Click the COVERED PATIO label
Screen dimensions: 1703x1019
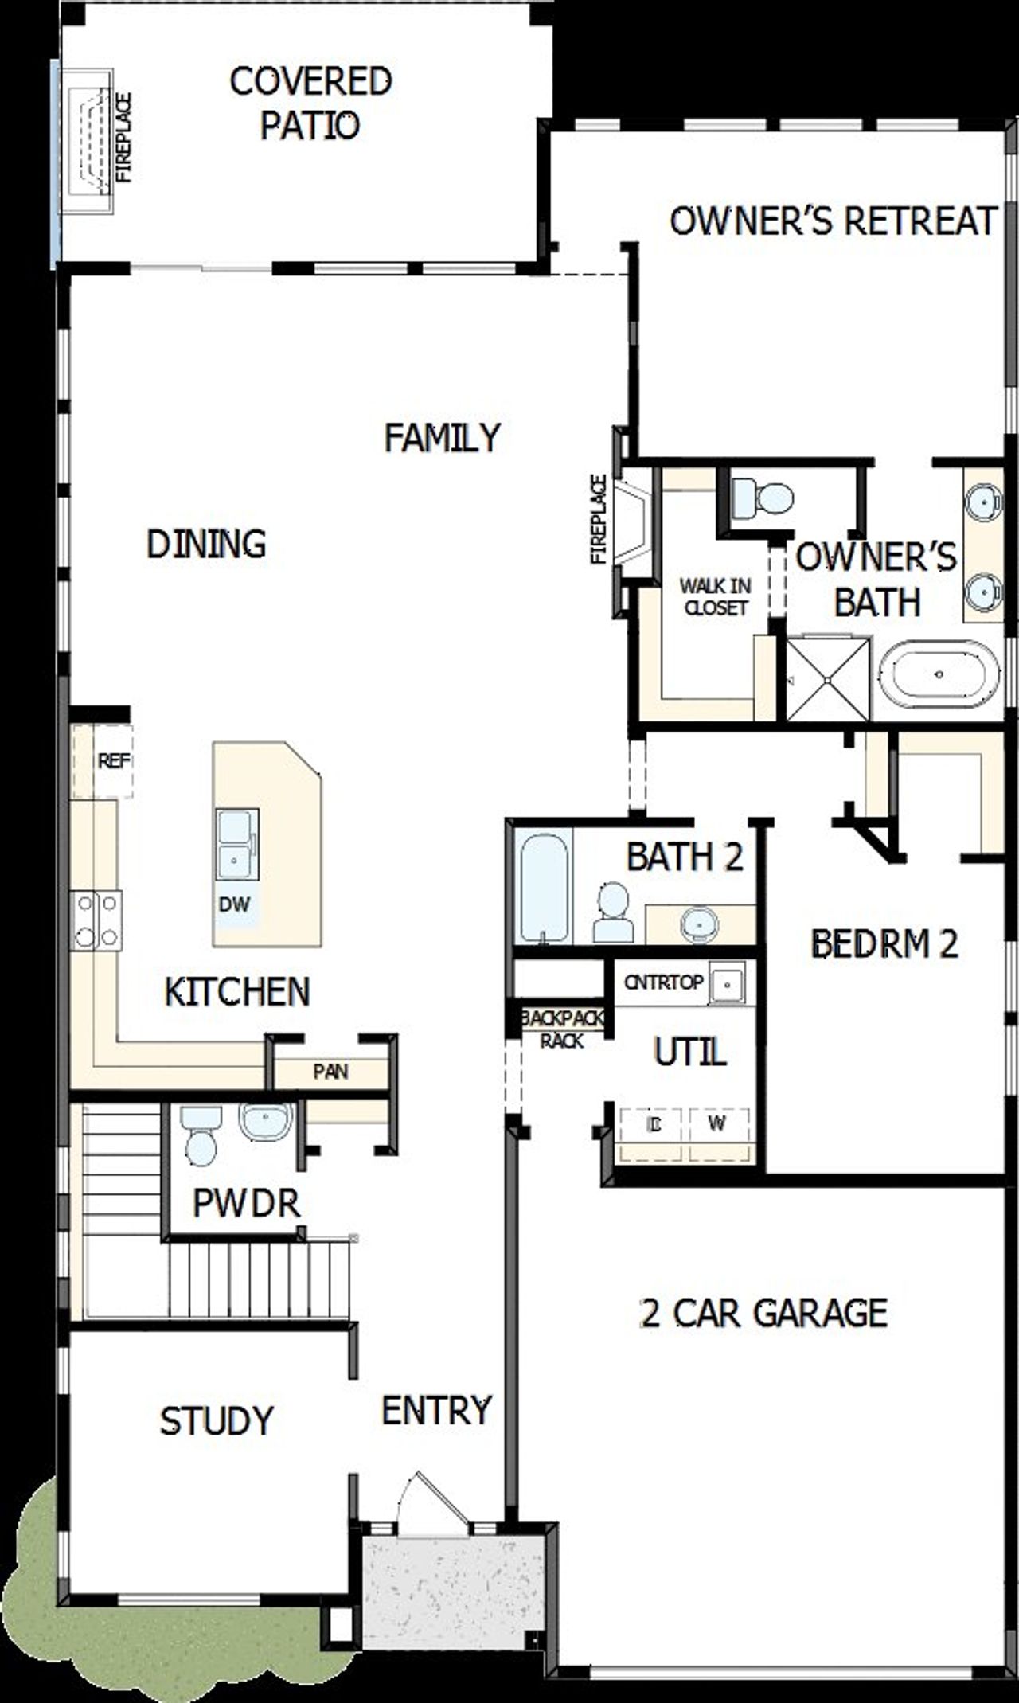(310, 104)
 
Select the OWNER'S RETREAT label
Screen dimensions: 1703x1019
(833, 221)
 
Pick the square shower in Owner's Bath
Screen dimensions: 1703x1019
(829, 678)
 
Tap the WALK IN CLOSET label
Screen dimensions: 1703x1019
(715, 596)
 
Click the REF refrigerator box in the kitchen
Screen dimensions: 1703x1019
(112, 761)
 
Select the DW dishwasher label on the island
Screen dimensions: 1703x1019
(234, 904)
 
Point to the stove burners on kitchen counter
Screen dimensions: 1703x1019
(97, 920)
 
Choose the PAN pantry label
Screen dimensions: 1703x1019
(330, 1072)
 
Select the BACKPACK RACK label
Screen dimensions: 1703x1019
(562, 1029)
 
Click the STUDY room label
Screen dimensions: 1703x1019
(217, 1421)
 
